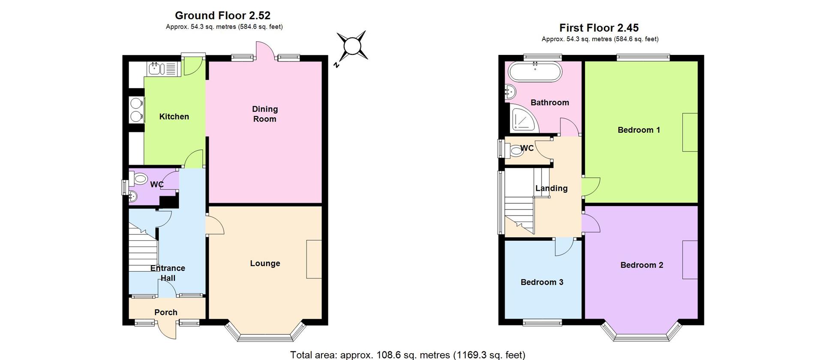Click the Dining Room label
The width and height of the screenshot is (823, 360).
(264, 114)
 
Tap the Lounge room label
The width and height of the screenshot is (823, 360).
(265, 264)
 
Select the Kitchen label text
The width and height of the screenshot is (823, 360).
(174, 117)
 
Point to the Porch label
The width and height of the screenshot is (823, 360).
(166, 312)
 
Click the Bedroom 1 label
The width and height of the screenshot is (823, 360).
(639, 130)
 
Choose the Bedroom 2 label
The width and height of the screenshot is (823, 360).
(642, 265)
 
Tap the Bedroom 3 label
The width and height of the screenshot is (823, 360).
(542, 282)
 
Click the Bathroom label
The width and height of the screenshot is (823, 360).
(550, 102)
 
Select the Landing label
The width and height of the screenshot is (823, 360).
(551, 188)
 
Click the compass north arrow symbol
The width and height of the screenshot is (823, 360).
(351, 46)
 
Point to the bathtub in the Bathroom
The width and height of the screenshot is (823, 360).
(535, 72)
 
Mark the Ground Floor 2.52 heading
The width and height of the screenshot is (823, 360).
(222, 15)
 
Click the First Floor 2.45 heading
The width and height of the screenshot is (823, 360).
(599, 28)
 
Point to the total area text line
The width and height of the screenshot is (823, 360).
(408, 355)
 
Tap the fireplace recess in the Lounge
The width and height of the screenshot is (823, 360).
(314, 259)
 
